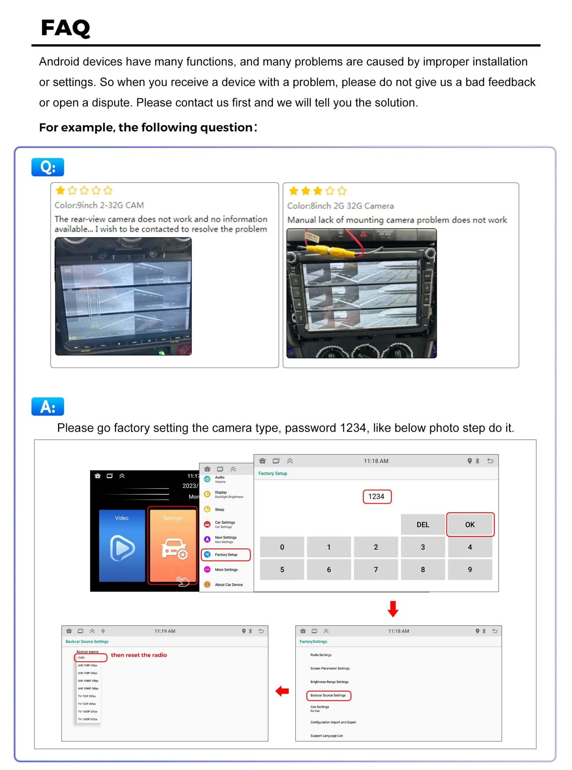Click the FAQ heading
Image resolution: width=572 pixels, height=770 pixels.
coord(65,28)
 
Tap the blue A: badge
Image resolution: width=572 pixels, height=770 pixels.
coord(48,406)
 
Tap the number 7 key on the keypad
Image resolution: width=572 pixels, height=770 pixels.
coord(376,569)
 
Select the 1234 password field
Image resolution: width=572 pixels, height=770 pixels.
coord(377,496)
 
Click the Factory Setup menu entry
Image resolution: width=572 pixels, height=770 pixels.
coord(226,555)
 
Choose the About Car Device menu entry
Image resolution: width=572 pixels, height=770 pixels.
coord(228,585)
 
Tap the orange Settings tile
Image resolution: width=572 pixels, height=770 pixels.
coord(173,546)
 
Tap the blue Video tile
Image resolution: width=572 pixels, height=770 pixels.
coord(122,546)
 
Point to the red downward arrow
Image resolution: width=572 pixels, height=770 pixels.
coord(393,609)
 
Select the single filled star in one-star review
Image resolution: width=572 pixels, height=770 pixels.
coord(61,190)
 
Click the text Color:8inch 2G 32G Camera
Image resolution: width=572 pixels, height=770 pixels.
coord(340,206)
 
